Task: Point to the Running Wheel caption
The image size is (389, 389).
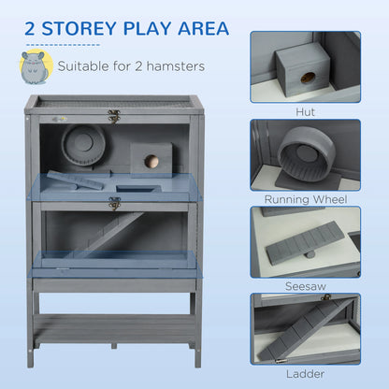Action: coord(305,200)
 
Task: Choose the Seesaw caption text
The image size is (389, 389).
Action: coord(305,287)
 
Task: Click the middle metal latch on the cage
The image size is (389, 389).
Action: coord(114,202)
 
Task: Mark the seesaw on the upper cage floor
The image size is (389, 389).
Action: coord(79,180)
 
